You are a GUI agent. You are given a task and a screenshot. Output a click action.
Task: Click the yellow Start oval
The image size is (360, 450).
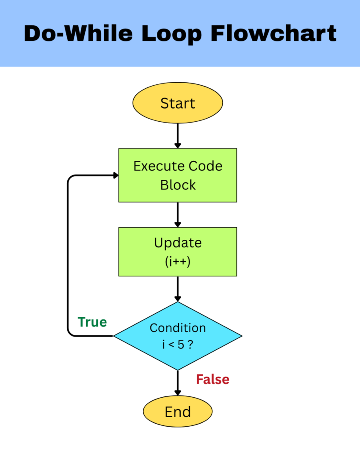pyautogui.click(x=178, y=103)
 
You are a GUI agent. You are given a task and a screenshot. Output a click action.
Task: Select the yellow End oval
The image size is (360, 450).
pyautogui.click(x=178, y=412)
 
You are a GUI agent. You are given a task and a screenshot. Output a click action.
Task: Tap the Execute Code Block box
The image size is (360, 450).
pyautogui.click(x=178, y=175)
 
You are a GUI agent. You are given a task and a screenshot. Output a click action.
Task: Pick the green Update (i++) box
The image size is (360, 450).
pyautogui.click(x=178, y=251)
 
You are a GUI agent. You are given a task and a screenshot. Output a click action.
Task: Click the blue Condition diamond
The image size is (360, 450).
pyautogui.click(x=178, y=336)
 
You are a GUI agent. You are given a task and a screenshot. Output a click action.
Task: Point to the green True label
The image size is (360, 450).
pyautogui.click(x=92, y=322)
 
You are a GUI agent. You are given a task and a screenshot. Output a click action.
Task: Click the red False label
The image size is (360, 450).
pyautogui.click(x=213, y=379)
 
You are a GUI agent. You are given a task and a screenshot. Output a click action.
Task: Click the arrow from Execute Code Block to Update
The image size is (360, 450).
pyautogui.click(x=178, y=214)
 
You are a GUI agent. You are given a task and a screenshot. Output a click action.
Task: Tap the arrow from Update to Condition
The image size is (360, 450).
pyautogui.click(x=178, y=289)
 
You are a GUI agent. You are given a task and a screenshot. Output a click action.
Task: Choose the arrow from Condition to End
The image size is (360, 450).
pyautogui.click(x=178, y=382)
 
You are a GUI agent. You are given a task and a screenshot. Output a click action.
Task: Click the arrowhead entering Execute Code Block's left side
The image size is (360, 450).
pyautogui.click(x=115, y=175)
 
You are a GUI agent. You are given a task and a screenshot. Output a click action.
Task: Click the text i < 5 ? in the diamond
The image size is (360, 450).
pyautogui.click(x=178, y=345)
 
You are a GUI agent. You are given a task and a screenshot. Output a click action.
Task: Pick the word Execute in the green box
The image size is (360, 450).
pyautogui.click(x=159, y=166)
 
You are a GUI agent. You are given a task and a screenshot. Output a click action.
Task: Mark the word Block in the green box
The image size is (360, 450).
pyautogui.click(x=178, y=185)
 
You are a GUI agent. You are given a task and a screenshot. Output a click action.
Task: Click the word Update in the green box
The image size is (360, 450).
pyautogui.click(x=178, y=243)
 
